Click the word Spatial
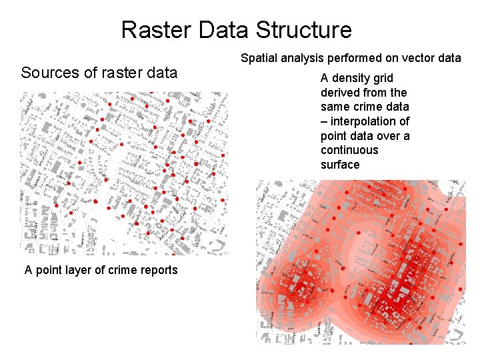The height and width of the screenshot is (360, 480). (259, 58)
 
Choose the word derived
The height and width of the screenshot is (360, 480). (341, 93)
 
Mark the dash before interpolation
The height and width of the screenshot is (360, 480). (324, 121)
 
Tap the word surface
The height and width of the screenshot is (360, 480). (340, 165)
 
